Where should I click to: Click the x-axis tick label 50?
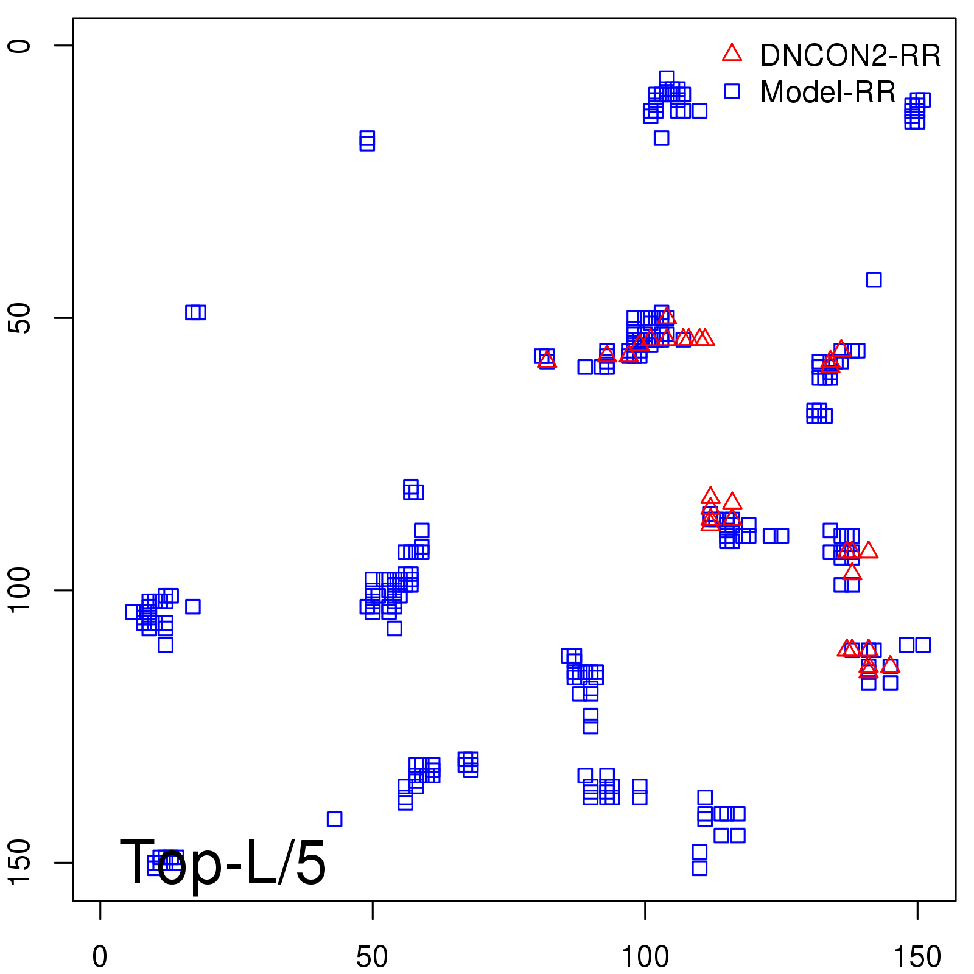(372, 958)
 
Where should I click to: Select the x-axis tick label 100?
(645, 958)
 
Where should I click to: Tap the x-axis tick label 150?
(917, 958)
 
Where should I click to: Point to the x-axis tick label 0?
(100, 958)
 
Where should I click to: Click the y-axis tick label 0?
(19, 46)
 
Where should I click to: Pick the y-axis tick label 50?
(19, 318)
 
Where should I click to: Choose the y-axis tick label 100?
(19, 590)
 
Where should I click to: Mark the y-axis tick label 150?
(19, 862)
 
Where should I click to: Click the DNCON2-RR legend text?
(850, 56)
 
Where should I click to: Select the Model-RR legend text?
(828, 93)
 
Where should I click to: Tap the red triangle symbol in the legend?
(732, 54)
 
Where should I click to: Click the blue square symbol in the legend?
(732, 91)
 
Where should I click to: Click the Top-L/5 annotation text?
(223, 862)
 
